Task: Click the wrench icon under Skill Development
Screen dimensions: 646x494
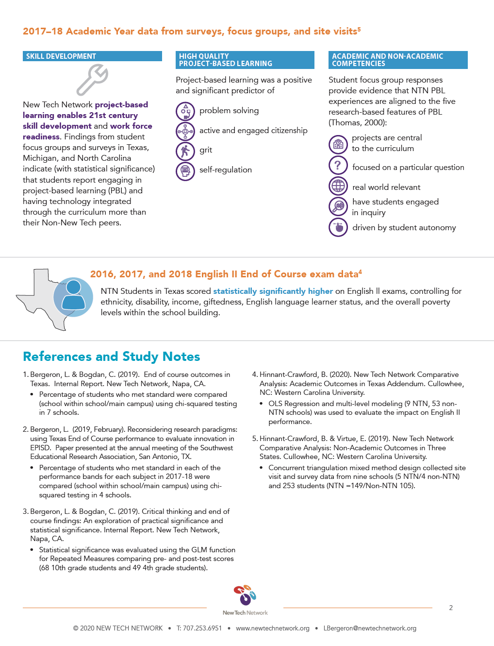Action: pos(92,79)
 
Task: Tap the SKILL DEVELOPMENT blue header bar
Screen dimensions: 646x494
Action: pos(92,56)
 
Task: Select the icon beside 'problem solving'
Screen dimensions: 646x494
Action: pos(185,111)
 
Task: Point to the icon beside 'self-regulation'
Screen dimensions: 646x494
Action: pos(185,171)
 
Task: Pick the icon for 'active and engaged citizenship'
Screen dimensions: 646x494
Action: pos(185,131)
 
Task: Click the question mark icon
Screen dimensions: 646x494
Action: pos(338,165)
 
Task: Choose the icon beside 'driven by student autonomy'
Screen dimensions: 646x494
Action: pos(338,227)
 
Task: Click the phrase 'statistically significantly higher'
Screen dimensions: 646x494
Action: pos(273,291)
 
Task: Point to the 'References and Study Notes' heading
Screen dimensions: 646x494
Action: pos(112,357)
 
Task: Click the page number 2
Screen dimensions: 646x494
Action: pos(451,608)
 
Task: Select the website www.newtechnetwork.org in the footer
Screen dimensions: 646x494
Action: pos(273,628)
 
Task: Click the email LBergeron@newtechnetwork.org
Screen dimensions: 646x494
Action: pos(370,628)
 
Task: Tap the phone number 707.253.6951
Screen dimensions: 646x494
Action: pos(199,628)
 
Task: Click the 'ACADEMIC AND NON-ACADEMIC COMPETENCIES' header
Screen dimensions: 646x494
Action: pos(398,60)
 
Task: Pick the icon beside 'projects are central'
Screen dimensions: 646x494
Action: pos(338,144)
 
